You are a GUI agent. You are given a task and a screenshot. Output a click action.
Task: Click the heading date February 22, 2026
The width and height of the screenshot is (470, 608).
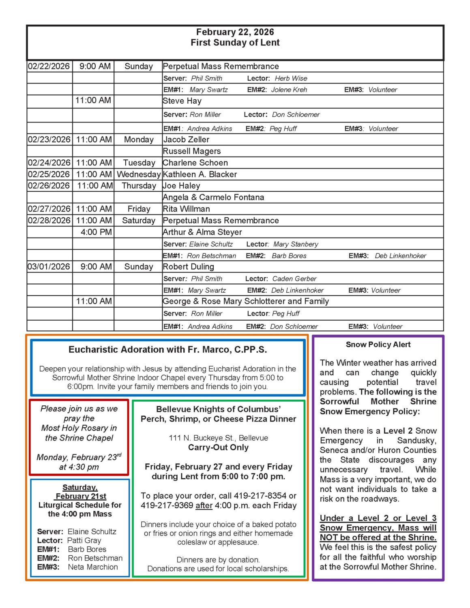[x=235, y=32]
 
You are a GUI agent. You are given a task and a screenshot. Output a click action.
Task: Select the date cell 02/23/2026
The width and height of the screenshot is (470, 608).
[x=49, y=140]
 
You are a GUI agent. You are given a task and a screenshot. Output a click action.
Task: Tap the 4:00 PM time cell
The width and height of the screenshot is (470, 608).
[x=96, y=232]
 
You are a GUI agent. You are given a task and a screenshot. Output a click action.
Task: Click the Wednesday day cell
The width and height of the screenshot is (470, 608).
[x=138, y=174]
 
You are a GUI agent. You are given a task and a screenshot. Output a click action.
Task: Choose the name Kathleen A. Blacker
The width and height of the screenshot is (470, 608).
[x=200, y=174]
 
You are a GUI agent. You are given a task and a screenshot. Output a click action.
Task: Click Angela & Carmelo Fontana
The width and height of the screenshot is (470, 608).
[x=213, y=197]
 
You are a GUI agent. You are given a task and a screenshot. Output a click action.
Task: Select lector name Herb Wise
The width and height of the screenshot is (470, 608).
[x=291, y=79]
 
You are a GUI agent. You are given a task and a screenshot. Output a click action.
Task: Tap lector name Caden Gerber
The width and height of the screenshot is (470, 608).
[x=294, y=279]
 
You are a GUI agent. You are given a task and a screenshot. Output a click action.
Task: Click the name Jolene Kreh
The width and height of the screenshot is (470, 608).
[x=289, y=90]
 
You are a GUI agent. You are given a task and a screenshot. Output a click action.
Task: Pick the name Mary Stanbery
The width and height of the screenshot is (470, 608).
[x=296, y=244]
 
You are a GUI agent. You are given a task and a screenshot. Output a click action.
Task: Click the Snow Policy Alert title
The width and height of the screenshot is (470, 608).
[x=378, y=345]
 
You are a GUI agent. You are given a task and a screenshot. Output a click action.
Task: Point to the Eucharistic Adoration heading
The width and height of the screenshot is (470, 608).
[x=167, y=349]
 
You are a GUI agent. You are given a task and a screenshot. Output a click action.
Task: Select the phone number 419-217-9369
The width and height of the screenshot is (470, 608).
[x=167, y=505]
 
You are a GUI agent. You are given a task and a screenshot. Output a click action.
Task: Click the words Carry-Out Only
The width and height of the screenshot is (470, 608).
[x=218, y=447]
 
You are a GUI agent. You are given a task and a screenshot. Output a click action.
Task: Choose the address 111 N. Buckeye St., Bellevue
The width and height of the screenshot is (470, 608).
[x=218, y=438]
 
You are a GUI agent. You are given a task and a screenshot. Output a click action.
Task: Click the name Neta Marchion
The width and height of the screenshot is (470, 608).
[x=93, y=567]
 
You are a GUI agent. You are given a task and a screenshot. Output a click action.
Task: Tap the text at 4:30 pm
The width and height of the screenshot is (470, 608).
[x=79, y=467]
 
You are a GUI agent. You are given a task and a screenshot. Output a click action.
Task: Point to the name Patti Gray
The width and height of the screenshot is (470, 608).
[x=84, y=540]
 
